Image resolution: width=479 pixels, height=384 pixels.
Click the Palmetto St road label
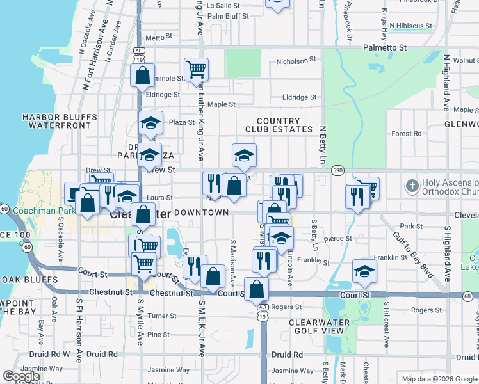pyautogui.click(x=386, y=47)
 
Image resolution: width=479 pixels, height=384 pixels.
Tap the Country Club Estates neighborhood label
pyautogui.click(x=278, y=125)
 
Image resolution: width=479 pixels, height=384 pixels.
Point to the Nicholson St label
pyautogui.click(x=296, y=62)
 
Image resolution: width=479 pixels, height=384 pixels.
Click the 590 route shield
pyautogui.click(x=338, y=171)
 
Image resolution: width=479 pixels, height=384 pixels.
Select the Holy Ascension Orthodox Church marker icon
pyautogui.click(x=412, y=187)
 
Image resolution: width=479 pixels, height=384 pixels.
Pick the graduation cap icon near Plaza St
pyautogui.click(x=150, y=123)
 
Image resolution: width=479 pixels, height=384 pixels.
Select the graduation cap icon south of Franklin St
pyautogui.click(x=364, y=271)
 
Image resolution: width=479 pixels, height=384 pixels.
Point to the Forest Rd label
pyautogui.click(x=407, y=134)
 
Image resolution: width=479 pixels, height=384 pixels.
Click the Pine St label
pyautogui.click(x=158, y=335)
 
